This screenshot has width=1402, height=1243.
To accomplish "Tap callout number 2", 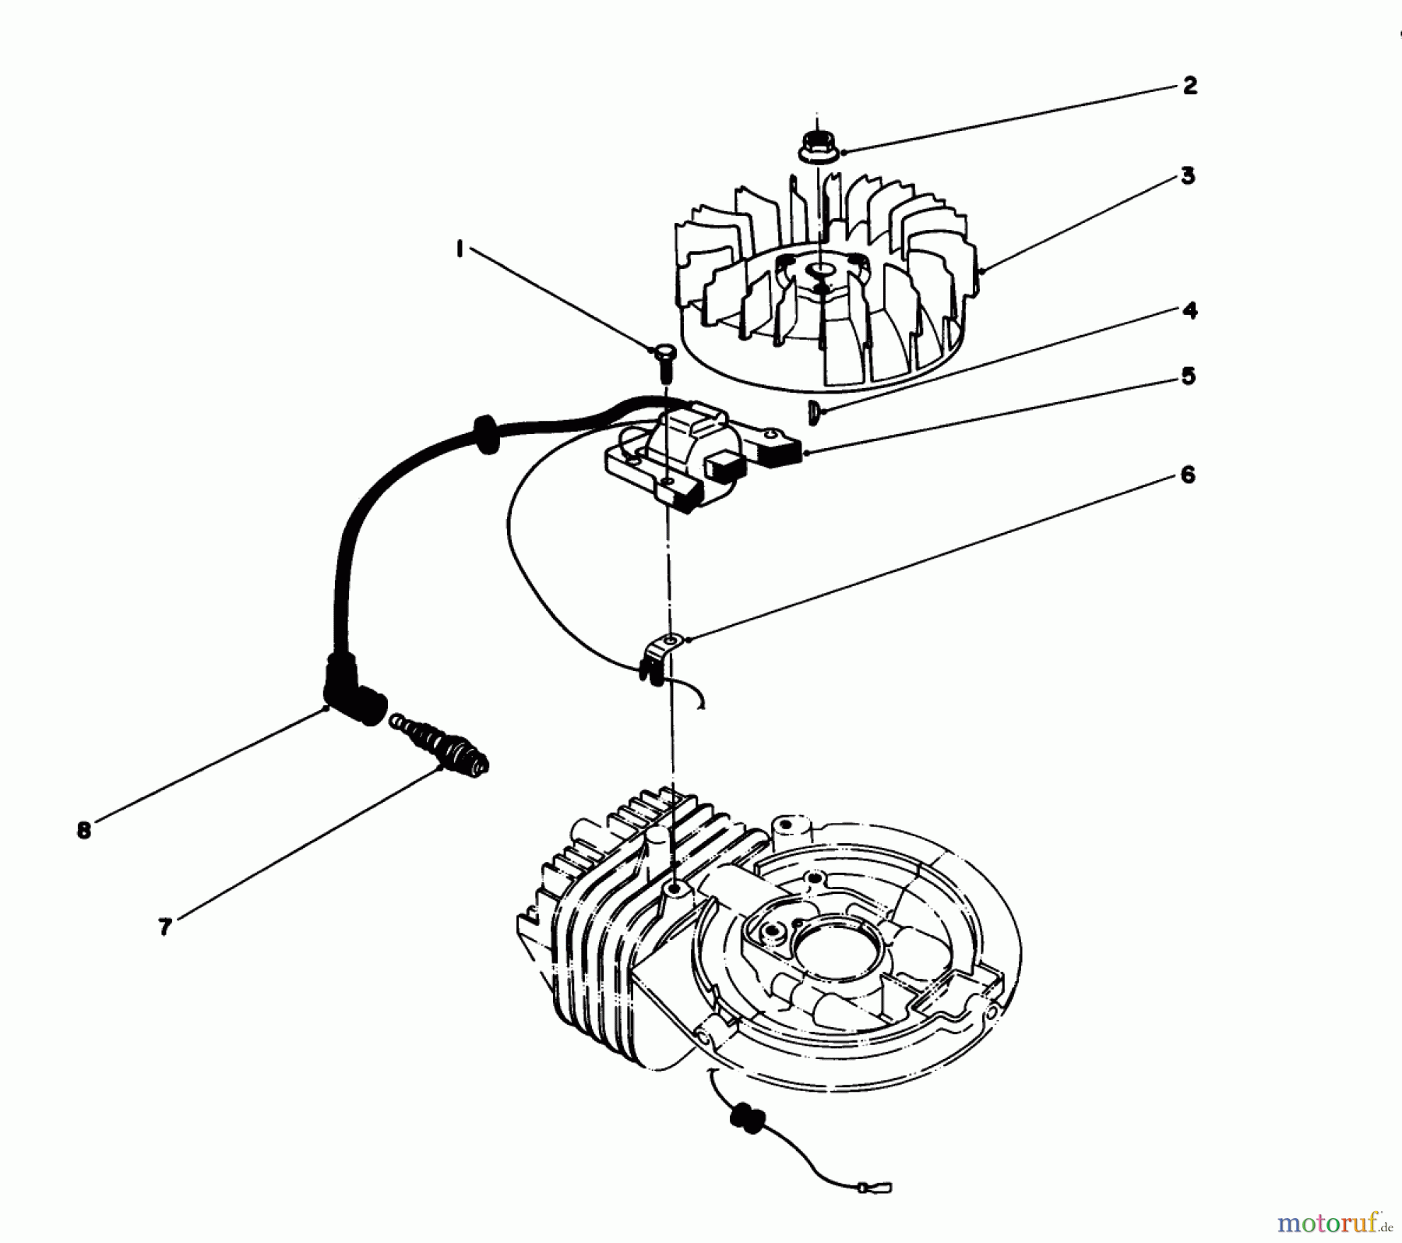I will pos(1189,86).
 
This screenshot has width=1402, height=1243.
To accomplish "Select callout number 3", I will pos(1187,176).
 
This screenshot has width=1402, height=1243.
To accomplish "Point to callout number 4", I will pos(1189,310).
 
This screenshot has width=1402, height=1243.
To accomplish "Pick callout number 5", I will pos(1187,377).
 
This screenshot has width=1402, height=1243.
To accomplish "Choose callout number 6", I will pos(1187,475).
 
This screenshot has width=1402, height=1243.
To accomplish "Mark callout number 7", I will pos(164,928).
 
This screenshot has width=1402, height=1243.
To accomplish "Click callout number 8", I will pos(84,831).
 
